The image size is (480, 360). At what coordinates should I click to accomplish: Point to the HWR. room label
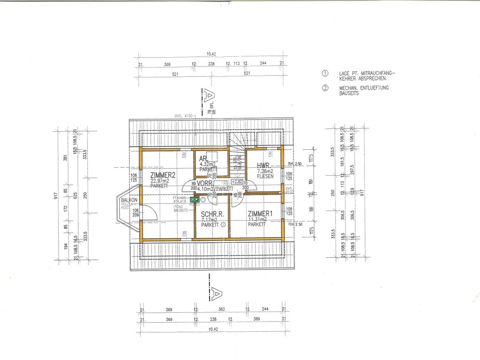coord(263,165)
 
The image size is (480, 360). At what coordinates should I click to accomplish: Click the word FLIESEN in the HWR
coord(265,177)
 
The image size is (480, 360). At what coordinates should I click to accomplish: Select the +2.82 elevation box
coord(236,181)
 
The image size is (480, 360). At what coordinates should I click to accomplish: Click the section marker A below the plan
coord(215,292)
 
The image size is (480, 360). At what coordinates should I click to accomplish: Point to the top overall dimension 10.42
coord(211,54)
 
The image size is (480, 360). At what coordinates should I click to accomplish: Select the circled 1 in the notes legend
coord(324,74)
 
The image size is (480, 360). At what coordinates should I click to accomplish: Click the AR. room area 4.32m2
coord(208,164)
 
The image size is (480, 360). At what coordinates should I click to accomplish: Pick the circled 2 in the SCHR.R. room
coord(223,225)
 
